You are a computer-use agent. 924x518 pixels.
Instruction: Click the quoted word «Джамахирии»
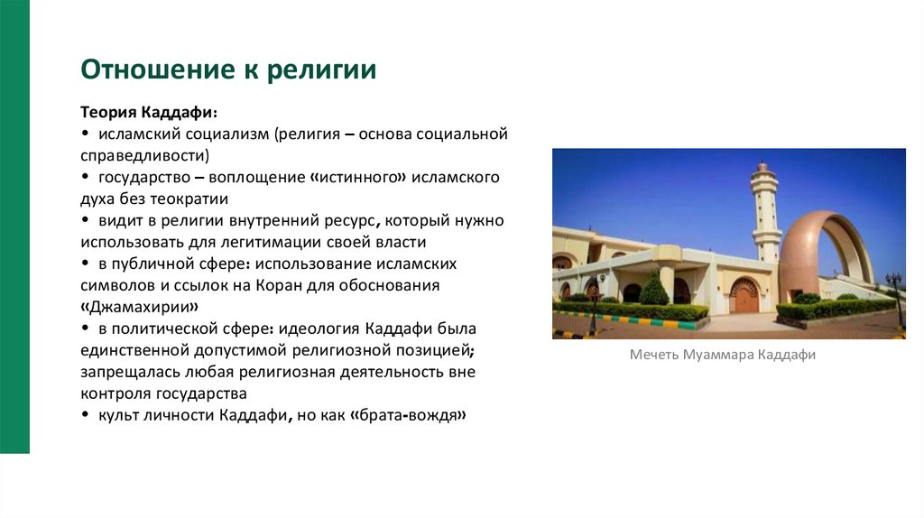(138, 307)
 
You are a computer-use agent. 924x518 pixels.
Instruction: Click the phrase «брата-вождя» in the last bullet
(411, 415)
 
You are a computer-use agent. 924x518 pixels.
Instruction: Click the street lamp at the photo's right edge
(894, 293)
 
